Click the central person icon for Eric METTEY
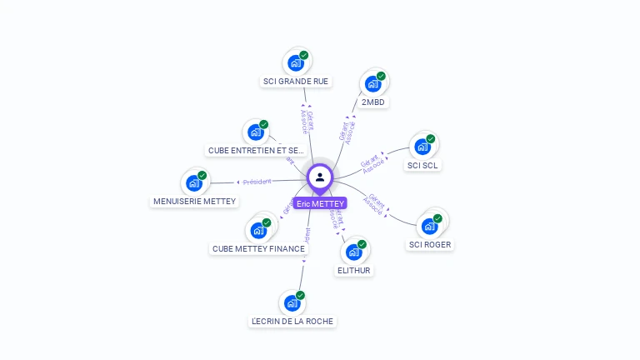[x=320, y=177]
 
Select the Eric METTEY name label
[x=319, y=203]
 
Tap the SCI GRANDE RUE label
[x=296, y=82]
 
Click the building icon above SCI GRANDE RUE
[x=295, y=62]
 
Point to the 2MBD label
[x=374, y=102]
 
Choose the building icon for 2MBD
[x=372, y=83]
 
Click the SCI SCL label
[x=423, y=165]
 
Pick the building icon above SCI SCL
[x=422, y=147]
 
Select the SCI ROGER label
[x=430, y=245]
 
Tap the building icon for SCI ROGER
[x=429, y=226]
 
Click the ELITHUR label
[x=354, y=270]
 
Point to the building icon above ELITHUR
[x=353, y=252]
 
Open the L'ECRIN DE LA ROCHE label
[x=292, y=321]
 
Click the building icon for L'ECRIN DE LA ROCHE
[x=292, y=302]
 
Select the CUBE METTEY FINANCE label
[x=258, y=248]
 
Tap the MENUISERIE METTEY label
[x=195, y=201]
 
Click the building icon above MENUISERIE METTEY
[x=193, y=182]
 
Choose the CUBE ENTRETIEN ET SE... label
[x=255, y=151]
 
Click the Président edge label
[x=257, y=182]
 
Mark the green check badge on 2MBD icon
[x=381, y=76]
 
